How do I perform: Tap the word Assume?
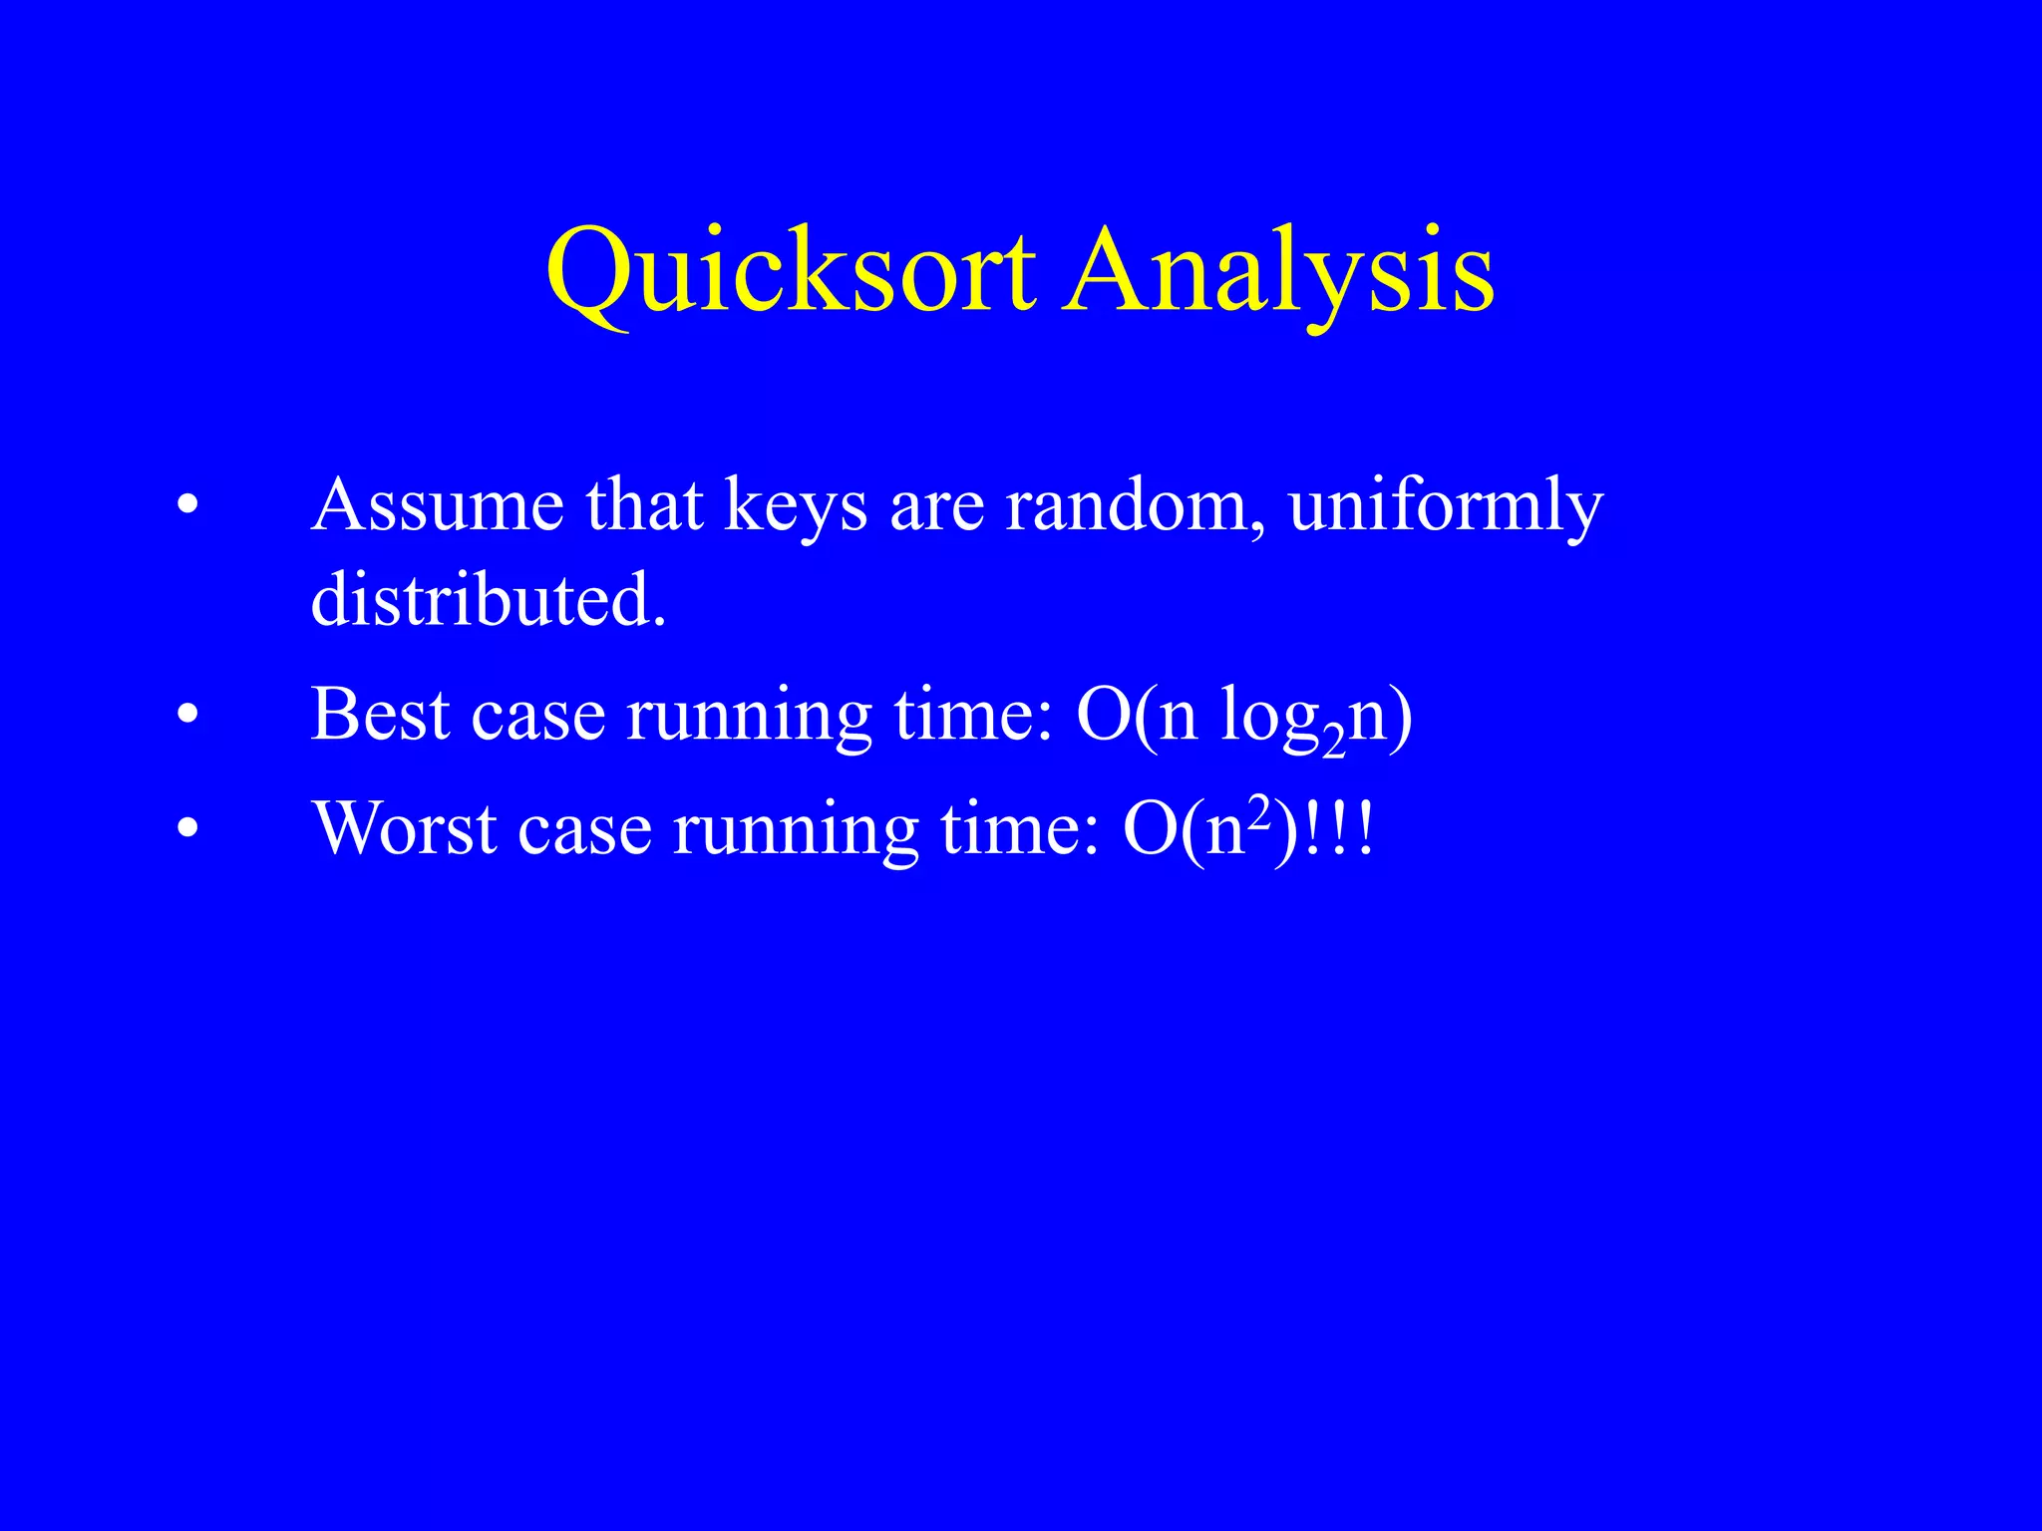[438, 505]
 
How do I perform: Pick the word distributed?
[488, 600]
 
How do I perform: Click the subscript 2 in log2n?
[1333, 743]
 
